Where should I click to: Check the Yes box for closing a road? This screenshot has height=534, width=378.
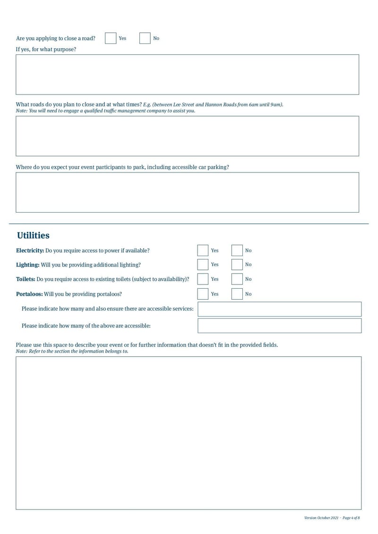pos(111,38)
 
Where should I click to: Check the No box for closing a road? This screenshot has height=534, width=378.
pos(145,38)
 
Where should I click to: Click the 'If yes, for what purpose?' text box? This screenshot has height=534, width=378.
pos(187,75)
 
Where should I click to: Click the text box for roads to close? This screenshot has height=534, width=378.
pos(187,136)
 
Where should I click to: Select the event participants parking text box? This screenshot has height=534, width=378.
pos(187,192)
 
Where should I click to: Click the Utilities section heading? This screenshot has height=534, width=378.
pos(33,235)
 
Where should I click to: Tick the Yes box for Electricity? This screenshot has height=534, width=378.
pos(203,250)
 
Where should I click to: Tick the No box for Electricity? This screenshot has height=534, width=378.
pos(237,250)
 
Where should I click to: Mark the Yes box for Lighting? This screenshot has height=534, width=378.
pos(203,265)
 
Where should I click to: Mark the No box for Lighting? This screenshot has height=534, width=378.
pos(237,265)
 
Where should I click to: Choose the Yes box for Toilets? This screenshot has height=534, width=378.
pos(203,279)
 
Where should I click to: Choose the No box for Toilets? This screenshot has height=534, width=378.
pos(237,279)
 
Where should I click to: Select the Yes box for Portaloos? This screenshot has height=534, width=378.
pos(203,294)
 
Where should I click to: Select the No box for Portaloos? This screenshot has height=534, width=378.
pos(237,294)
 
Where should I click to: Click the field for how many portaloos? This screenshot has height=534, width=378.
pos(279,309)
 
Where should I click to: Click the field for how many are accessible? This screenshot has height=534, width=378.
pos(279,326)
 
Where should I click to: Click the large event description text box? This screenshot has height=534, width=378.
pos(189,433)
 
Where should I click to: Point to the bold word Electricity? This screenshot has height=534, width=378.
pos(30,250)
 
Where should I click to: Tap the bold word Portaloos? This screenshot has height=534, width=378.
pos(29,294)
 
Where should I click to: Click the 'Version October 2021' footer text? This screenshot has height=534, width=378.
pos(321,518)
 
